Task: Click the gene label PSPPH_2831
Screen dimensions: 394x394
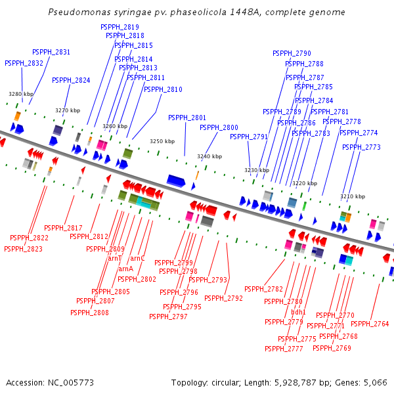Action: pos(51,52)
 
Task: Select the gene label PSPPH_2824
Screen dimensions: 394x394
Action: pos(71,80)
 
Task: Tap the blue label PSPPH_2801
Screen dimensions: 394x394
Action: pos(187,118)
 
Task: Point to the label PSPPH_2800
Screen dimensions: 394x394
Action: pos(219,127)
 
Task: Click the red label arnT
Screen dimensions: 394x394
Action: pos(115,259)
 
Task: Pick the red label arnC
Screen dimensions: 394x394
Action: pos(137,259)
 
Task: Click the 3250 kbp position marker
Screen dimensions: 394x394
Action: pos(162,141)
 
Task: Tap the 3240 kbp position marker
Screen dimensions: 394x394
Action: pos(209,156)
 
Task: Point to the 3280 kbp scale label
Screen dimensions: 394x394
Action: pos(20,94)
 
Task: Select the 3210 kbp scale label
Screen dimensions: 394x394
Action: pos(353,196)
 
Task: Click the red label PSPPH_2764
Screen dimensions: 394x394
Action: pos(370,324)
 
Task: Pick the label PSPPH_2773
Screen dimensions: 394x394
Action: pos(361,147)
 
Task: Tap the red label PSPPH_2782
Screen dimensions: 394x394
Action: pos(263,289)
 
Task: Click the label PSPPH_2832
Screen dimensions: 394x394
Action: pos(24,63)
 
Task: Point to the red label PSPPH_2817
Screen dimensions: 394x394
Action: pos(63,228)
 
